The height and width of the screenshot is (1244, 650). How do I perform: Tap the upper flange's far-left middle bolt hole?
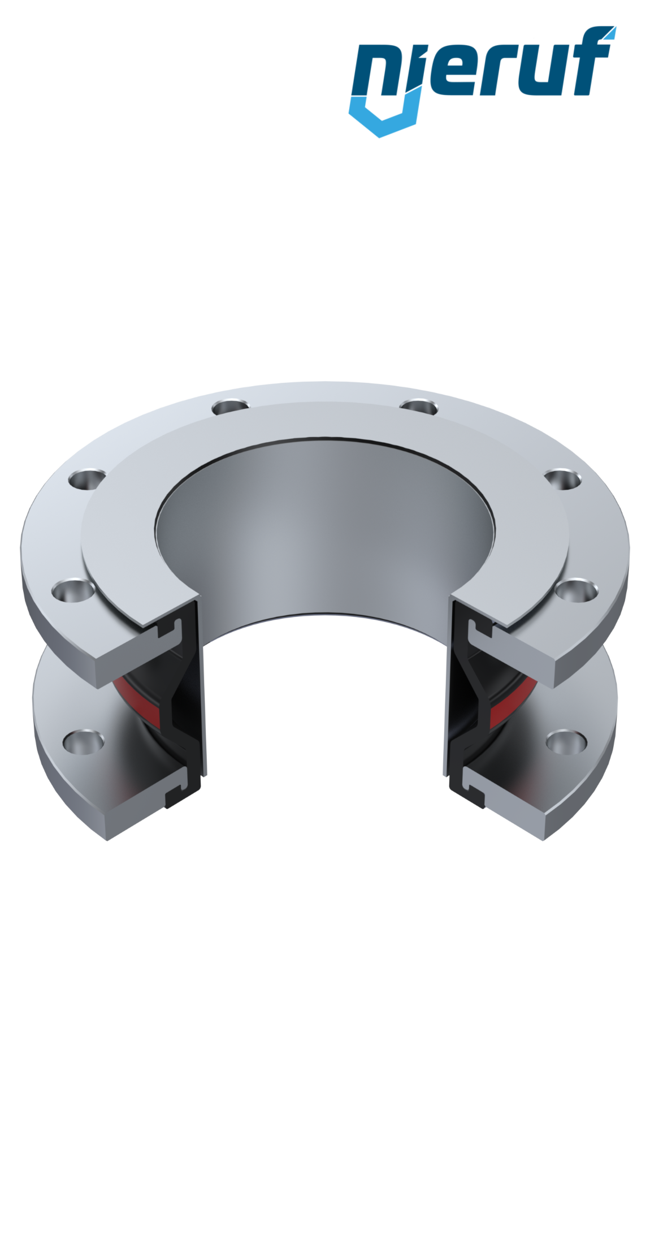(88, 480)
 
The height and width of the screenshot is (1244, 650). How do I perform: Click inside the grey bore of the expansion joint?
(325, 537)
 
